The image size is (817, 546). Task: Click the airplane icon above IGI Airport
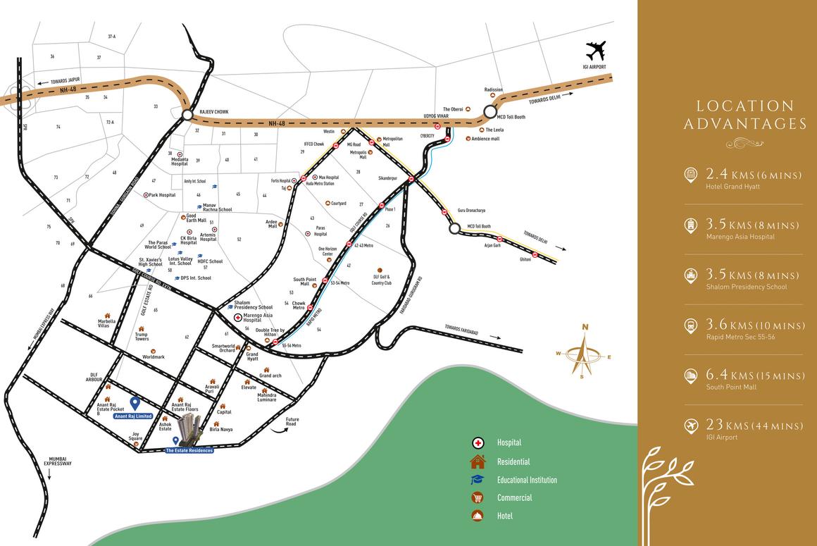[x=595, y=52]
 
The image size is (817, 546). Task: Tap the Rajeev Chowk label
[x=214, y=112]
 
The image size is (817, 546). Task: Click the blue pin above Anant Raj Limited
[x=135, y=404]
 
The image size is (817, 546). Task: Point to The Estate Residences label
[x=188, y=449]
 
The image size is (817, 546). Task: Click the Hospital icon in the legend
[x=478, y=443]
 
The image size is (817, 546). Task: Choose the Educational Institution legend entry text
[x=527, y=480]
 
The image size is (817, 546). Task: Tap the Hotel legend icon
[x=478, y=516]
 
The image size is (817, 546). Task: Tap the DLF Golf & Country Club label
[x=380, y=279]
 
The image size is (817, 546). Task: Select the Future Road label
[x=292, y=421]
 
